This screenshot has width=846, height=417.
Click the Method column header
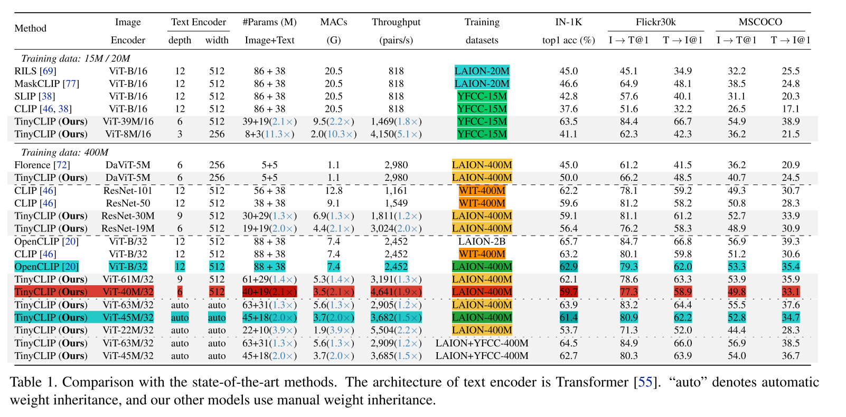tap(31, 28)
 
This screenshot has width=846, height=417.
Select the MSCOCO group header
tap(760, 22)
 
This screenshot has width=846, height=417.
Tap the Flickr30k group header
tap(655, 22)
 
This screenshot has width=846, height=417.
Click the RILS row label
tap(35, 71)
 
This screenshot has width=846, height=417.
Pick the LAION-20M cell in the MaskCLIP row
tap(482, 83)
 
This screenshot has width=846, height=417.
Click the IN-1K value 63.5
tap(568, 121)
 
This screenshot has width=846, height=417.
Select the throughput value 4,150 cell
tap(396, 134)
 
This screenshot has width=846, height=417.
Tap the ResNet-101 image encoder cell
tap(128, 190)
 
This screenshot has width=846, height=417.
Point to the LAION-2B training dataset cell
tap(482, 241)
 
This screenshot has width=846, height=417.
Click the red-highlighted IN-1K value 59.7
tap(568, 292)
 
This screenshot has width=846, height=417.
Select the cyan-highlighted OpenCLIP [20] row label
tap(46, 267)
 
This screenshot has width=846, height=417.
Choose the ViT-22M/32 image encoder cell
tap(128, 330)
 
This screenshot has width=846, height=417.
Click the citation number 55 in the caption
tap(645, 382)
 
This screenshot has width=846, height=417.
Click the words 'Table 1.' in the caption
tap(33, 382)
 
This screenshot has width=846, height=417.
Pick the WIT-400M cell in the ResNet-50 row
tap(482, 203)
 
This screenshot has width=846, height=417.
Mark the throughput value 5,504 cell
tap(396, 330)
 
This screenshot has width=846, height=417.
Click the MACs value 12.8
tap(333, 190)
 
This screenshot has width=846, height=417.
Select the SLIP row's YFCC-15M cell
tap(482, 96)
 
